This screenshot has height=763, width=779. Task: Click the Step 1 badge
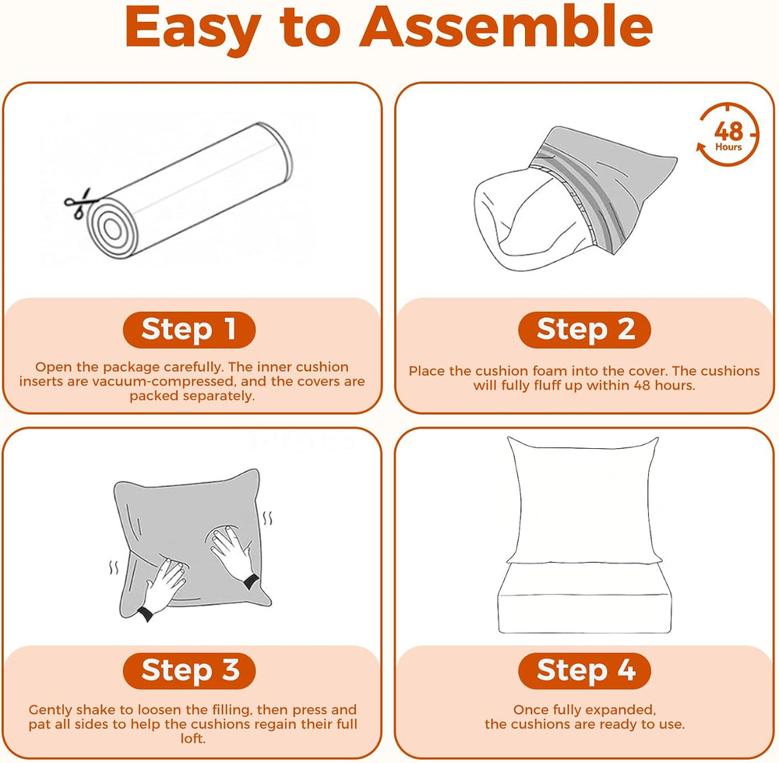[x=189, y=330]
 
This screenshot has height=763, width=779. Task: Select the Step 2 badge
[x=585, y=330]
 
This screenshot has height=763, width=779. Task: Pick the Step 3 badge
[x=189, y=670]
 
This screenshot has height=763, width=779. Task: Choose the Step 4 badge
[x=585, y=670]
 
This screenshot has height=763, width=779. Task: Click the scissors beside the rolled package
[x=78, y=203]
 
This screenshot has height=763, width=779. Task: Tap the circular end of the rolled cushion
[x=112, y=228]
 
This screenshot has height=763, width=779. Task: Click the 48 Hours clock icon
[x=728, y=135]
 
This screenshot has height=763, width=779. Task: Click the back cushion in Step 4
[x=583, y=500]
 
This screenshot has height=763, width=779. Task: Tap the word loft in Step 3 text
[x=192, y=738]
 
